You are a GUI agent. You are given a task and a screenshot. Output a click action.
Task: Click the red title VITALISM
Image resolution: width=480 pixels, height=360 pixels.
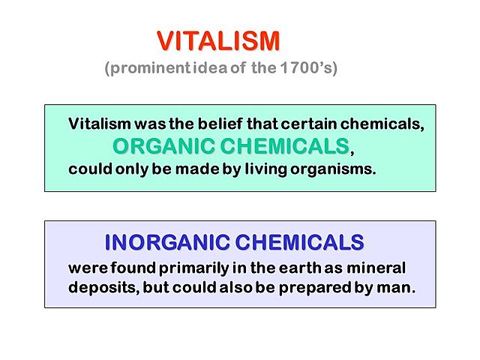click(x=218, y=40)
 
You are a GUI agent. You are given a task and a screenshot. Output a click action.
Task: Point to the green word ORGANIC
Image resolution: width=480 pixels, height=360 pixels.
click(x=160, y=145)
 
